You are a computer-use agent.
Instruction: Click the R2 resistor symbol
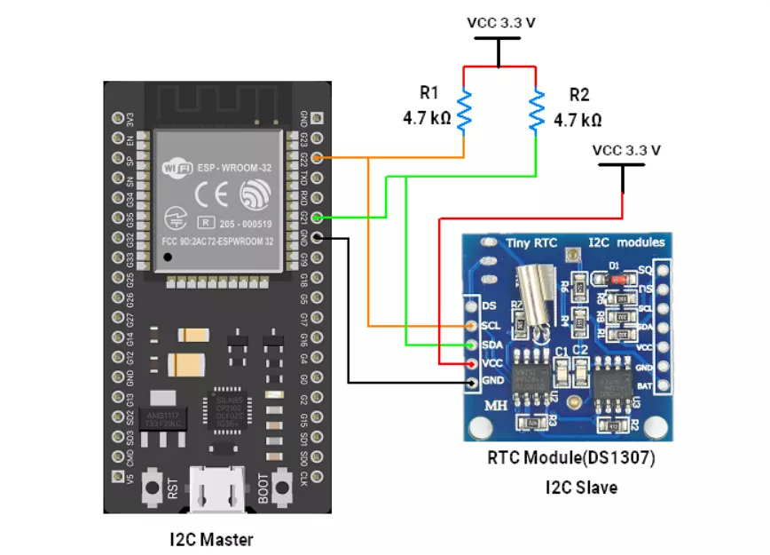536,111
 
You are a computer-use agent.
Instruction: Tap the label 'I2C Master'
210,539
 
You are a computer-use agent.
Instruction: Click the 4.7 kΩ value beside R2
577,119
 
